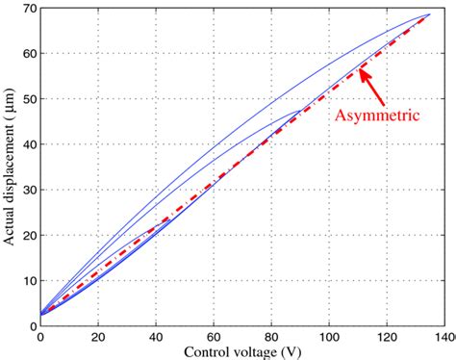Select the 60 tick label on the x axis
click(213, 336)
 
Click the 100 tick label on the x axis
click(329, 336)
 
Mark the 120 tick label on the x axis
click(387, 336)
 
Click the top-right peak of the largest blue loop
click(429, 14)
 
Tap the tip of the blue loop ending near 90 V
click(300, 110)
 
